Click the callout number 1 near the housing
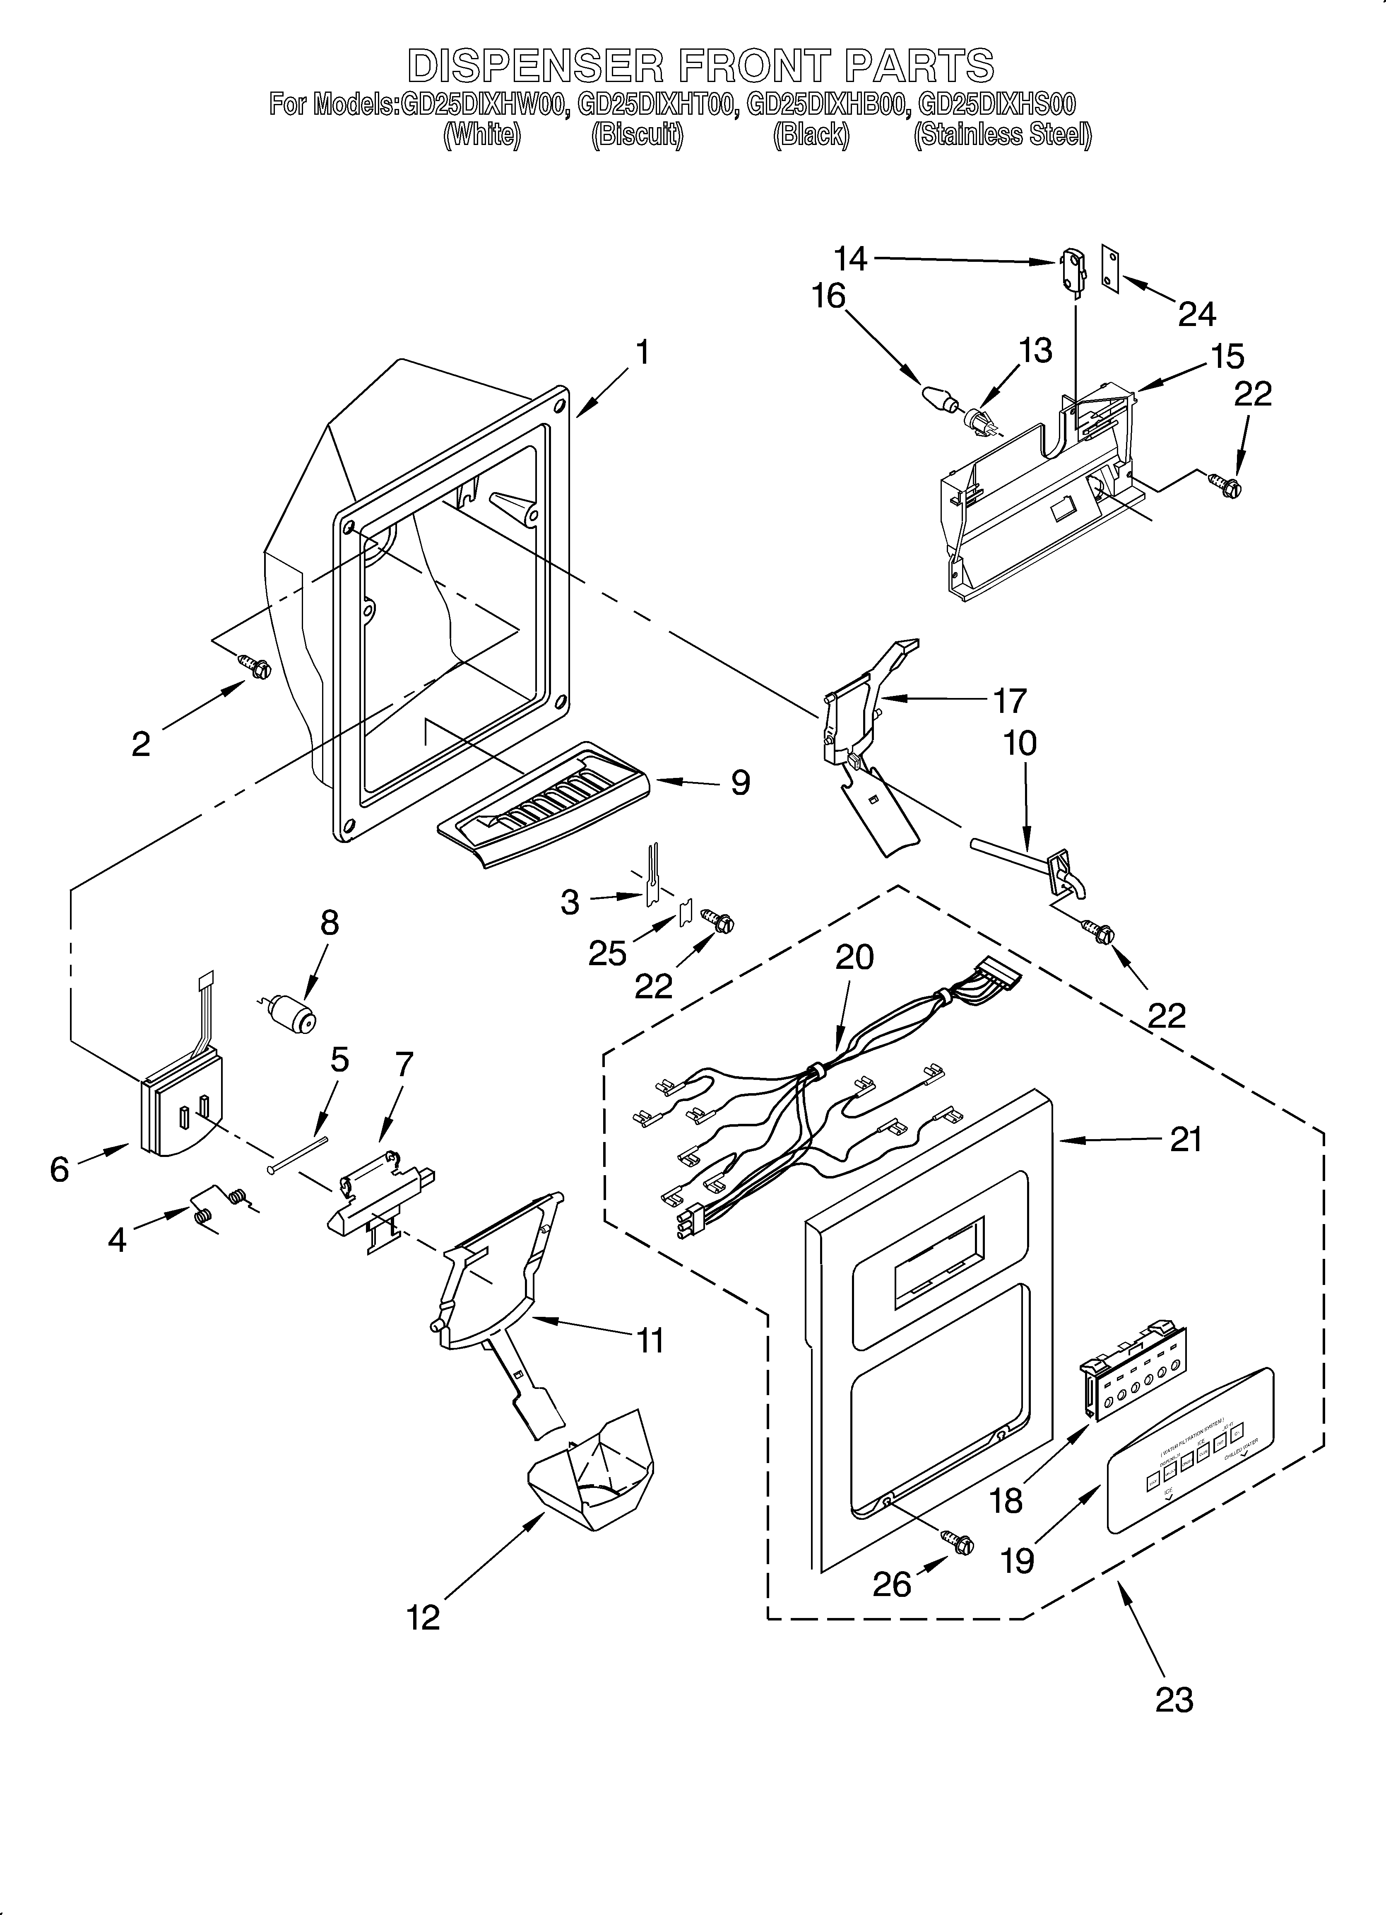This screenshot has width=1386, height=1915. pos(643,352)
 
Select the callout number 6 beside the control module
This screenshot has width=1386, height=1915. pos(59,1169)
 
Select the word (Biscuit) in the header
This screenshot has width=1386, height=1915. pos(636,135)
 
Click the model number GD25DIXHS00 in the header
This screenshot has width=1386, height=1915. pos(996,104)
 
